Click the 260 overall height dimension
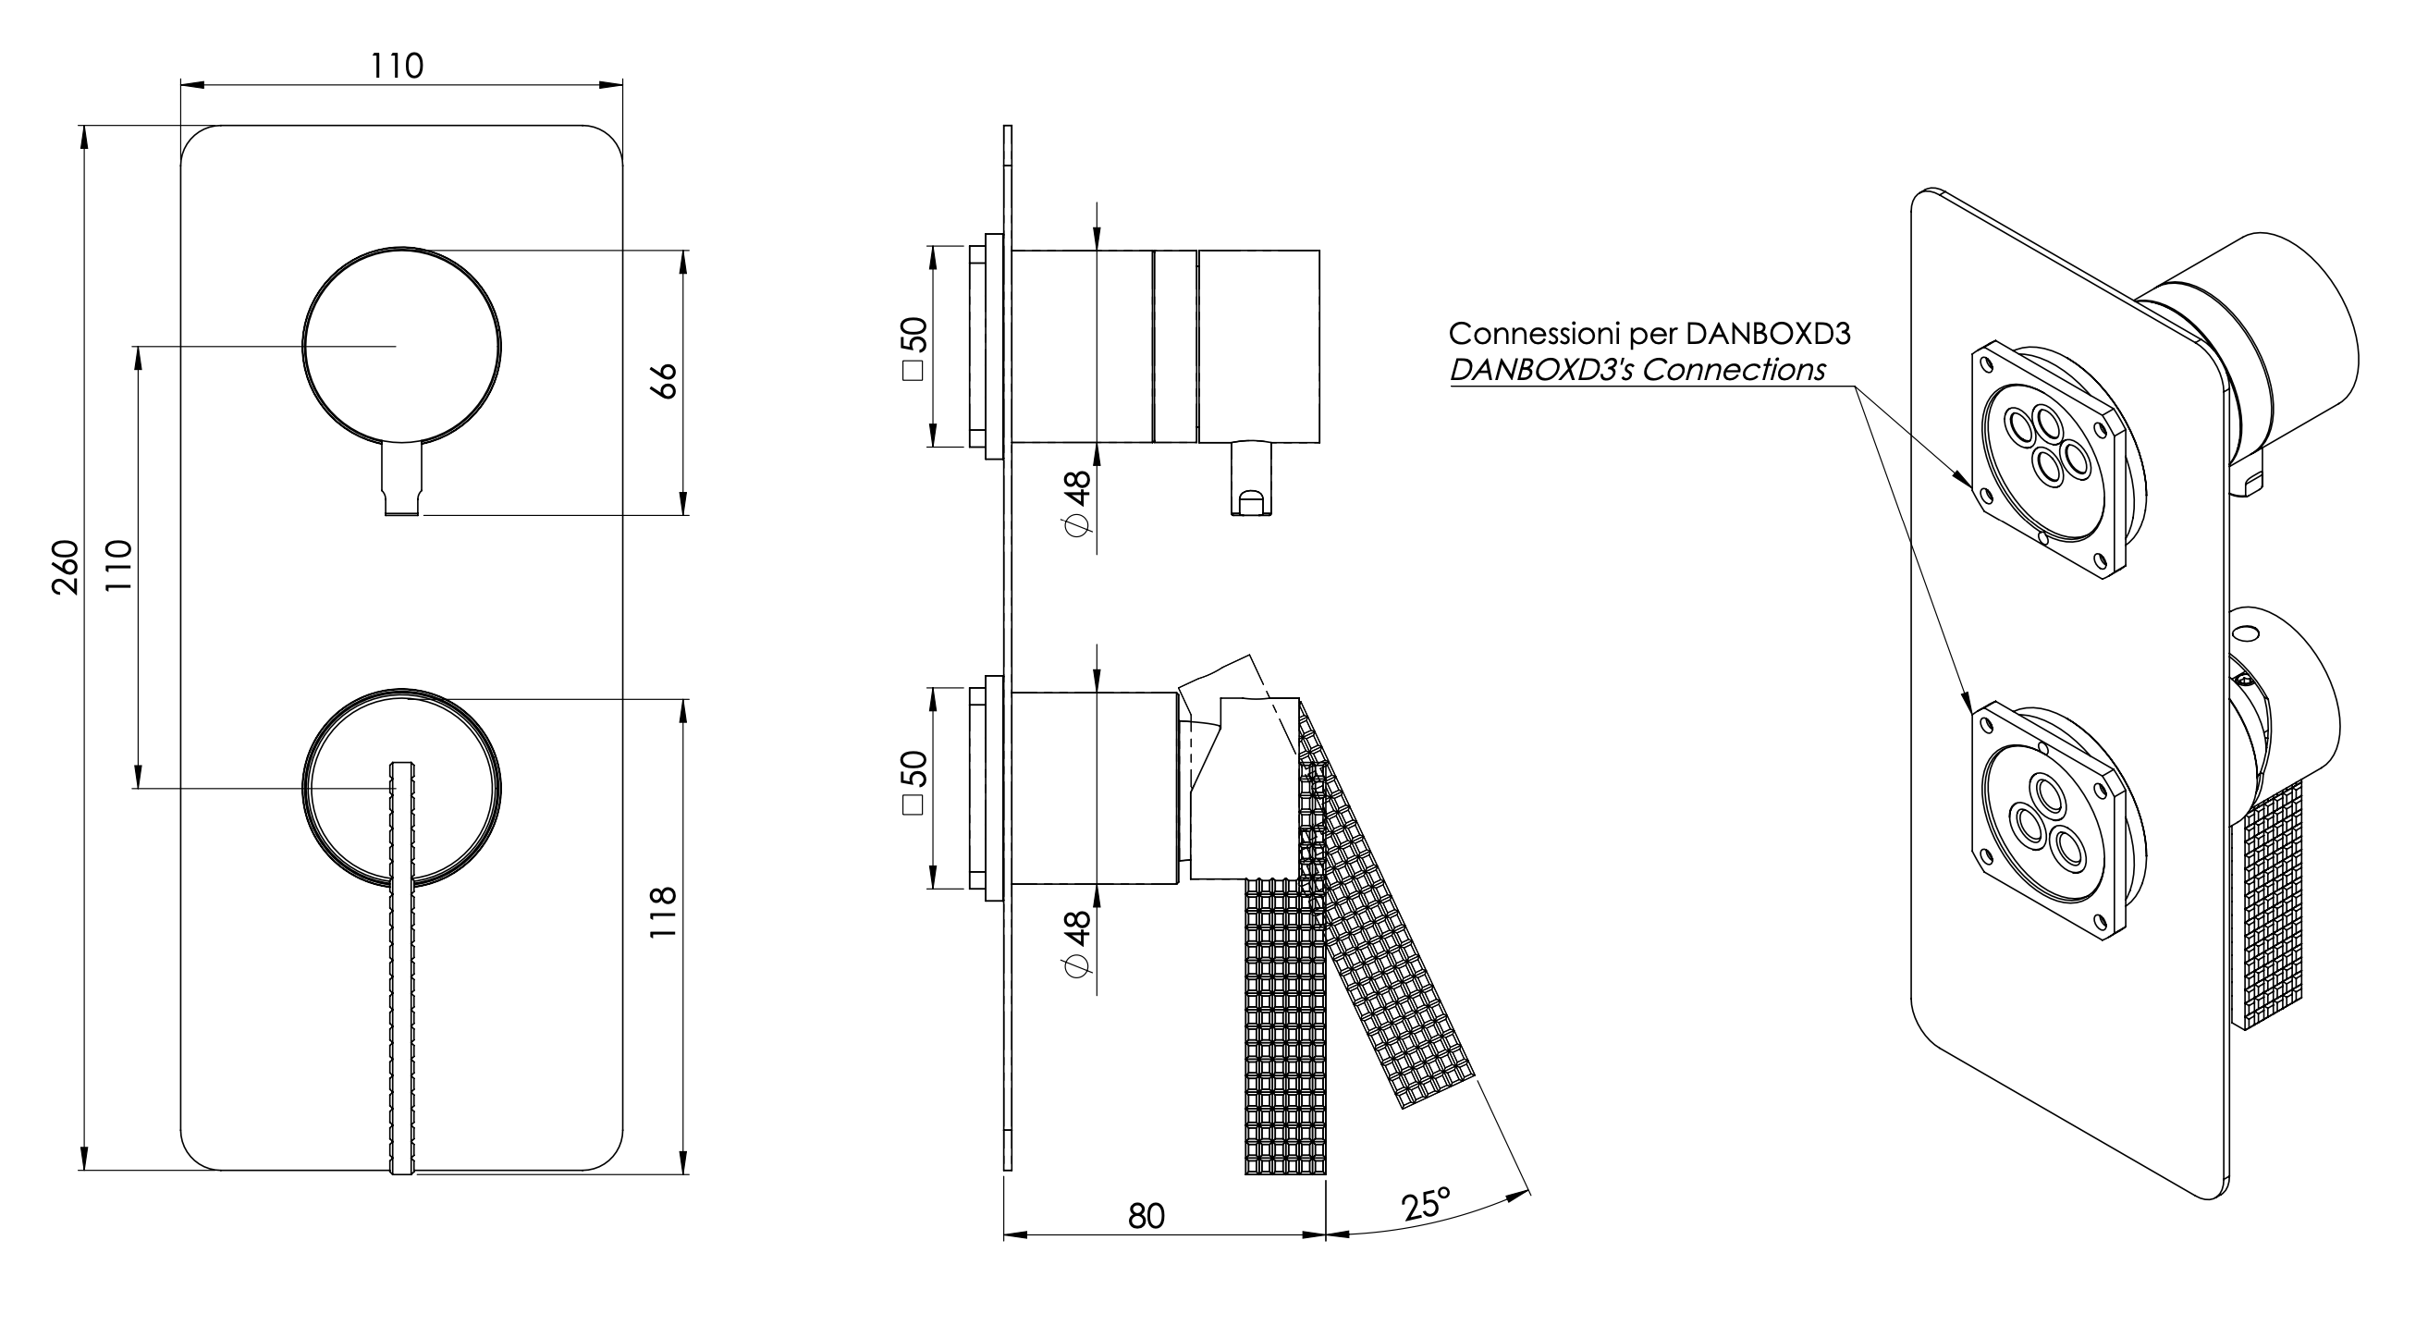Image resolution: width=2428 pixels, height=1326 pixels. pos(64,567)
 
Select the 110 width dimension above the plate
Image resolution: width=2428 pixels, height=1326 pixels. pos(396,66)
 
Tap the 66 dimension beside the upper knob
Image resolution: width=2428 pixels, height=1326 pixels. pos(666,381)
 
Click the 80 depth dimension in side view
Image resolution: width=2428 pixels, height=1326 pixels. pos(1147,1216)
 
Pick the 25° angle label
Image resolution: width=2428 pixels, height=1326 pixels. pos(1425,1205)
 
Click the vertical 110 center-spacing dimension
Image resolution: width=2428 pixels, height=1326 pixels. pos(118,566)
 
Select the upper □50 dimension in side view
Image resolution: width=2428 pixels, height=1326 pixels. pos(914,349)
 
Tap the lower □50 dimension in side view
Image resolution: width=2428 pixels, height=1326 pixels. pos(914,782)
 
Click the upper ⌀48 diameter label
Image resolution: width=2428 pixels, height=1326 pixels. pos(1076,502)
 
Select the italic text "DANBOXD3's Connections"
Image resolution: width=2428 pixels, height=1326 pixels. pos(1637,371)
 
